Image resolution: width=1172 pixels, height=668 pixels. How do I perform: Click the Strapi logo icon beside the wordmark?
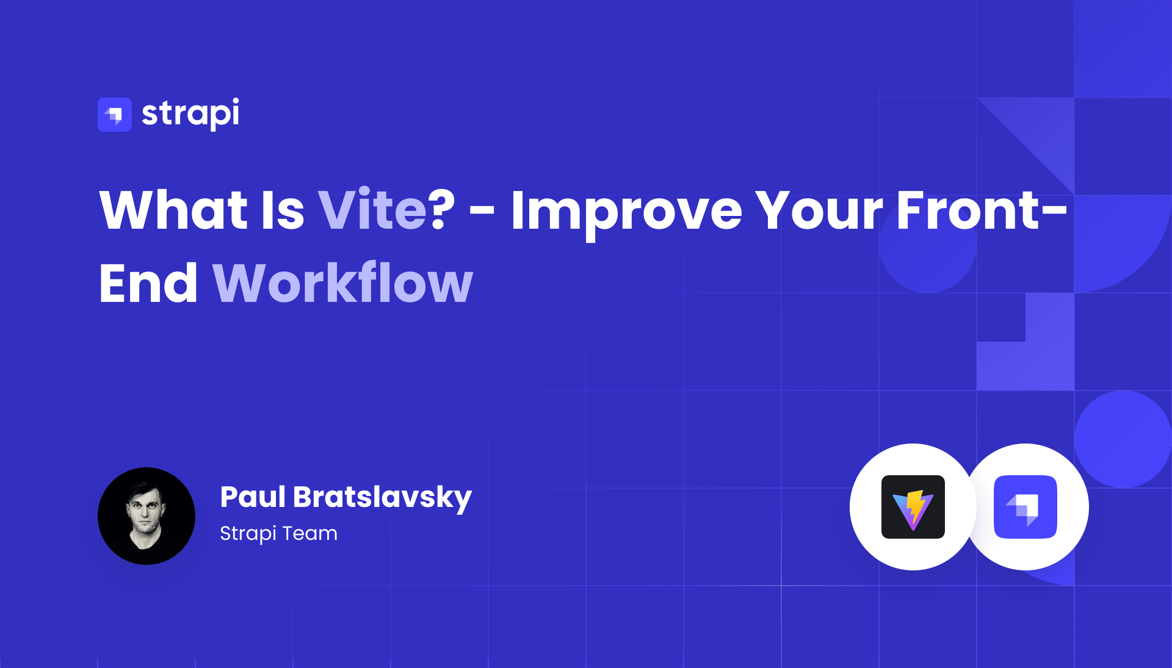pos(115,115)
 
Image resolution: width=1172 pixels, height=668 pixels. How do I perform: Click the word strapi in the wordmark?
pos(190,113)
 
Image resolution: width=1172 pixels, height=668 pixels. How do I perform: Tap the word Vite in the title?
pos(372,210)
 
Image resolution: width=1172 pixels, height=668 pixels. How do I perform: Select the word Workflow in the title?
pos(343,282)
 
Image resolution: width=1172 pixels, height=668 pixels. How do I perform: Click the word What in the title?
pos(173,210)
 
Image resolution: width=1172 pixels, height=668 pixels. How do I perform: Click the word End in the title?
pos(148,282)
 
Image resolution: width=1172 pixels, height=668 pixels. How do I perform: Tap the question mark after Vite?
pos(443,209)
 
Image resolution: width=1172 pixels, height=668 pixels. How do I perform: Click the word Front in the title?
pos(968,210)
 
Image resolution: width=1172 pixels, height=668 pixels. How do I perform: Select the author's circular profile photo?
pos(146,516)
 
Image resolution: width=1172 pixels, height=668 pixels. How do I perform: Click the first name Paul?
pos(253,497)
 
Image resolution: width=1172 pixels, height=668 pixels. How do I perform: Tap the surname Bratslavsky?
pos(383,498)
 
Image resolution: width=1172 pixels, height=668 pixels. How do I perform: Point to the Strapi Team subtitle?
pos(278,533)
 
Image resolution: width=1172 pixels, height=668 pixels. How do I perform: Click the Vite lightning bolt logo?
pos(913,507)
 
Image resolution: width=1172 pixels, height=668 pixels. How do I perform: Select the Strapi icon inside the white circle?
pos(1025,507)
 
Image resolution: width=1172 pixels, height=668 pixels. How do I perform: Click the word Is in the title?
pos(283,210)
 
